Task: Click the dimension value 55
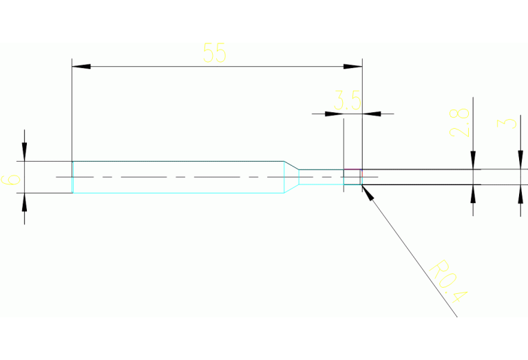215,53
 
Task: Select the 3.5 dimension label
348,101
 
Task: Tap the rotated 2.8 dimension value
460,122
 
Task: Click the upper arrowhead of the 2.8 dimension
473,160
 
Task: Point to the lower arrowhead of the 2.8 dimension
473,193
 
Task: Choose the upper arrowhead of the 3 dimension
520,160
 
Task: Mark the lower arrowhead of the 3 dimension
520,193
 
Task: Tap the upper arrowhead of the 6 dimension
24,153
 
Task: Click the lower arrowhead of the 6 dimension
24,202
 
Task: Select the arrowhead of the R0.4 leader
367,192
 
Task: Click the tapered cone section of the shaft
292,177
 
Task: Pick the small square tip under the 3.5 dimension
352,177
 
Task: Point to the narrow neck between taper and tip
321,177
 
